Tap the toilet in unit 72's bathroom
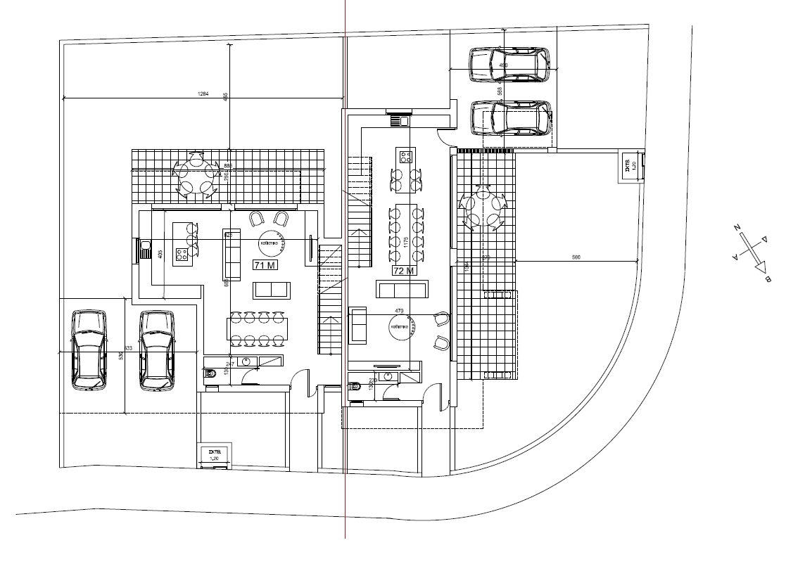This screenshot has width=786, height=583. pos(355,385)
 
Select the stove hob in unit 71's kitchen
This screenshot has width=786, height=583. pos(182,253)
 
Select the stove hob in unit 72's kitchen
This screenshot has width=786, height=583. pos(406,156)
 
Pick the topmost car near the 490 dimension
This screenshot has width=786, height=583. pos(509,65)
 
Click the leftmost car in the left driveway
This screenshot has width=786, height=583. pos(89,350)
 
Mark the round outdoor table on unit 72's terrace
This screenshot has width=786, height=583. pos(484,209)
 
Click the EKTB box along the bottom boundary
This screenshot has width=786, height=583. pos(215,454)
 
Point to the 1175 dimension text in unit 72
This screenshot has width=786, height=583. pos(406,243)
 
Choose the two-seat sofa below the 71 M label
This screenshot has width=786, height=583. pos(272,289)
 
